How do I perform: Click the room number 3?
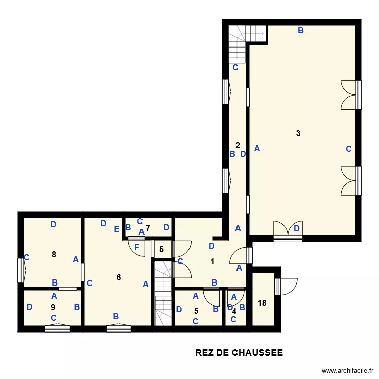tap(298, 134)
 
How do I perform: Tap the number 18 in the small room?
tap(262, 303)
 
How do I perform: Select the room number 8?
tap(54, 254)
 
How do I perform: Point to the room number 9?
tap(53, 307)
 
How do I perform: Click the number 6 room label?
tap(119, 277)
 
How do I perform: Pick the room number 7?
tap(148, 228)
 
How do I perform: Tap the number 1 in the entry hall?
tap(212, 262)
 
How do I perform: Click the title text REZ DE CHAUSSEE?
tap(239, 353)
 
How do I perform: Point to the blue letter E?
tap(116, 229)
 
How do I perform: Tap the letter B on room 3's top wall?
tap(300, 31)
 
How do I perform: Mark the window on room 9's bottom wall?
tap(57, 328)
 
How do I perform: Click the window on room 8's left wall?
tap(22, 270)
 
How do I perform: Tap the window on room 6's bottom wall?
tap(119, 328)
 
